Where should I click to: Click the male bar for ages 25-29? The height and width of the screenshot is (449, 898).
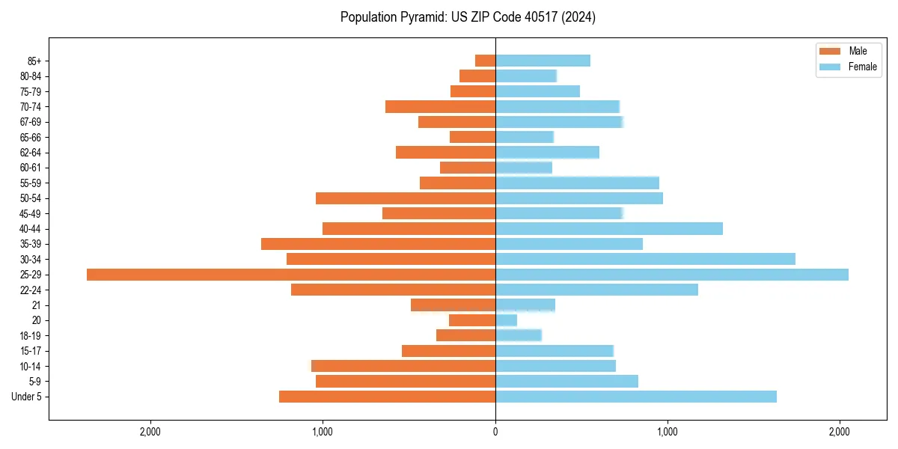coord(291,275)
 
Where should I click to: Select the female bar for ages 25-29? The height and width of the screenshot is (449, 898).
coord(671,275)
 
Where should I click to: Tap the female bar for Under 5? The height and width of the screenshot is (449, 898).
coord(635,397)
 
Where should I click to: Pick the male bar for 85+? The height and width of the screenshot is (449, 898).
coord(485,61)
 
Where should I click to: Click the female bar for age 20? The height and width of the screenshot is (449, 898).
coord(506,320)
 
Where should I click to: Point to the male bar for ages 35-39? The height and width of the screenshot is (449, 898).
coord(378,244)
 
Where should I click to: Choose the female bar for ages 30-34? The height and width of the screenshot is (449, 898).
coord(645,259)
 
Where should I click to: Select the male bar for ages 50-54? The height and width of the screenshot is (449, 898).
coord(405,198)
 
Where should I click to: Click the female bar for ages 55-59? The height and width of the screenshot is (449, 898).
coord(577,183)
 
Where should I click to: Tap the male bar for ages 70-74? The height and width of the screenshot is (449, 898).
coord(440,106)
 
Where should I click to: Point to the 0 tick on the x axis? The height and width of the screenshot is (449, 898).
coord(495,432)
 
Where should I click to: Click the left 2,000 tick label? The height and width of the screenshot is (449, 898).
coord(150,432)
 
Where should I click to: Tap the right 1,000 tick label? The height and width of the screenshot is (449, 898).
coord(668,432)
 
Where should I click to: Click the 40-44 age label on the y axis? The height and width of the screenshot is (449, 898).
coord(30,229)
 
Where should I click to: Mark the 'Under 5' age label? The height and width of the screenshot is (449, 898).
coord(27,397)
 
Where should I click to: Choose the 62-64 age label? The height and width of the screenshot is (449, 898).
coord(30,153)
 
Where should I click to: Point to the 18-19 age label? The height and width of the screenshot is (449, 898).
coord(30,336)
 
